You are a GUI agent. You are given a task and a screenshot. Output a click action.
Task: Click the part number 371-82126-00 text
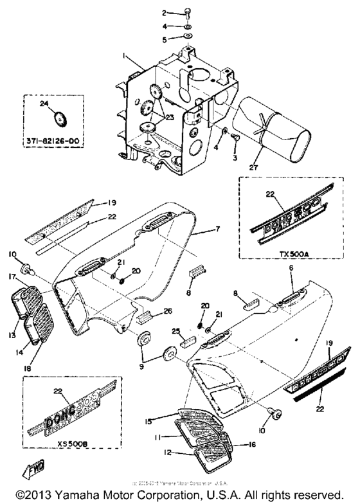[56, 139]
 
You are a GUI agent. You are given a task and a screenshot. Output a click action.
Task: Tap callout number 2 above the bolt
[145, 13]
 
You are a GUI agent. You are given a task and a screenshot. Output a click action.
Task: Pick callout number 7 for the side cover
[220, 229]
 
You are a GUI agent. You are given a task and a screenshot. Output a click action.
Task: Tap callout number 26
[168, 312]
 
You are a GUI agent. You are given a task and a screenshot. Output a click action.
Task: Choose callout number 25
[174, 330]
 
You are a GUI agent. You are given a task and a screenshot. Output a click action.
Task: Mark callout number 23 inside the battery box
[169, 117]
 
